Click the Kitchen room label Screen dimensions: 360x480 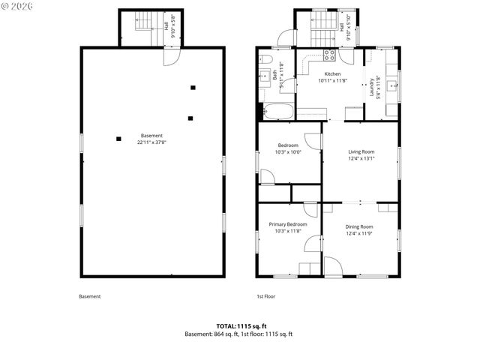[332, 74]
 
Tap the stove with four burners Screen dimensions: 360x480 [328, 54]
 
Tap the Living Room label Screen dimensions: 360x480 [361, 151]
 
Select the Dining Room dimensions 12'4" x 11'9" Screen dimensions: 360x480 [358, 233]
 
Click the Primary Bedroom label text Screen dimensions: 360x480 [288, 224]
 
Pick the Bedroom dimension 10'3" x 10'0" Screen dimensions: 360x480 [289, 151]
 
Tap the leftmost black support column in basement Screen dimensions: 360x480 [118, 137]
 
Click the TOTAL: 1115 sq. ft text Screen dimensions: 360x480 [239, 325]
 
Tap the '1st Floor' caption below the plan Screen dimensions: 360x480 [266, 296]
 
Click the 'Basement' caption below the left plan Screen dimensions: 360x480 [89, 296]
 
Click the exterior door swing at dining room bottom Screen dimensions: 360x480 [332, 266]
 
